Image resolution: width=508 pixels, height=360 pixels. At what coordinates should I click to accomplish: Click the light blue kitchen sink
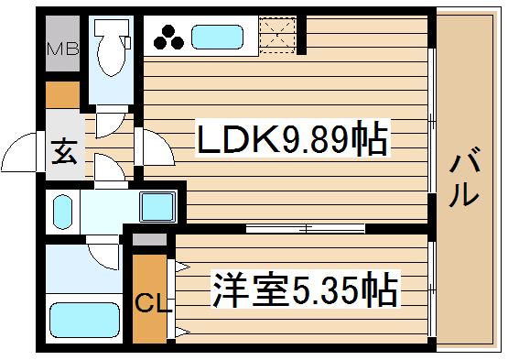(215, 38)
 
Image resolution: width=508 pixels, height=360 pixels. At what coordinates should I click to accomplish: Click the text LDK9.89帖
(291, 139)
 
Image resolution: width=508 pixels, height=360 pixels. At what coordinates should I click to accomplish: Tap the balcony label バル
(464, 177)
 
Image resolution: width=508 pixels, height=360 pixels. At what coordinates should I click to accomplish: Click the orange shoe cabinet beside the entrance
(63, 94)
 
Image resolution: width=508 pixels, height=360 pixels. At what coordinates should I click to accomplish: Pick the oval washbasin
(63, 213)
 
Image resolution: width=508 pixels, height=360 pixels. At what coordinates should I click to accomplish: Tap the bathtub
(84, 320)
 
